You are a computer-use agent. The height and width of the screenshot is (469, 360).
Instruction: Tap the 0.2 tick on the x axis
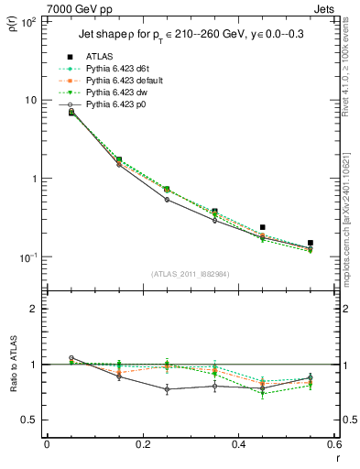click(142, 444)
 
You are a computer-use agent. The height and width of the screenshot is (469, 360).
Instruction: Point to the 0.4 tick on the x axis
click(238, 444)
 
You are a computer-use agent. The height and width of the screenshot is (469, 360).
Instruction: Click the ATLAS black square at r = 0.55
click(310, 243)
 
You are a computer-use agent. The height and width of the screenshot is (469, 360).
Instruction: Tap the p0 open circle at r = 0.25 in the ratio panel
click(167, 389)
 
